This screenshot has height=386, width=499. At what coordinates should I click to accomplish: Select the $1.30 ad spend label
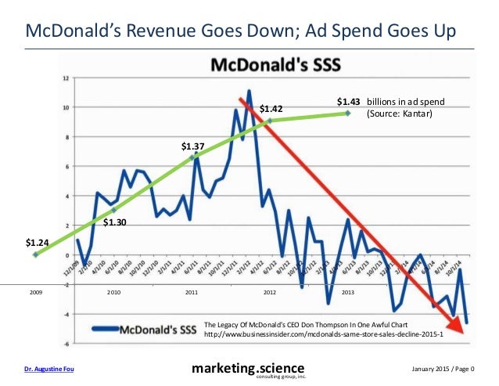[x=115, y=222]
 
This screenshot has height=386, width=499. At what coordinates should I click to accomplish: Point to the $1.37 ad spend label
[x=192, y=146]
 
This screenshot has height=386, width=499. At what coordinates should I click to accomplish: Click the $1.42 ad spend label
[x=271, y=108]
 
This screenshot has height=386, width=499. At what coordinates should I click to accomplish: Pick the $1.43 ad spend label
[x=349, y=102]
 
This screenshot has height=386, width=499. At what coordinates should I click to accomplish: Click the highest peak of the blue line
[x=249, y=91]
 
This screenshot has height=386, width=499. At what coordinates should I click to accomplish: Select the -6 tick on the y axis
[x=67, y=344]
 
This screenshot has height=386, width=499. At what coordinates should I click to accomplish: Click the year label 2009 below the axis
[x=36, y=291]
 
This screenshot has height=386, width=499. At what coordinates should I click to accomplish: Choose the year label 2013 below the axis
[x=348, y=291]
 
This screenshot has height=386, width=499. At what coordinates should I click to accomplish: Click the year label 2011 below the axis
[x=192, y=291]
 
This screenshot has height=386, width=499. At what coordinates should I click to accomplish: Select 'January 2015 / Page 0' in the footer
[x=447, y=368]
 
